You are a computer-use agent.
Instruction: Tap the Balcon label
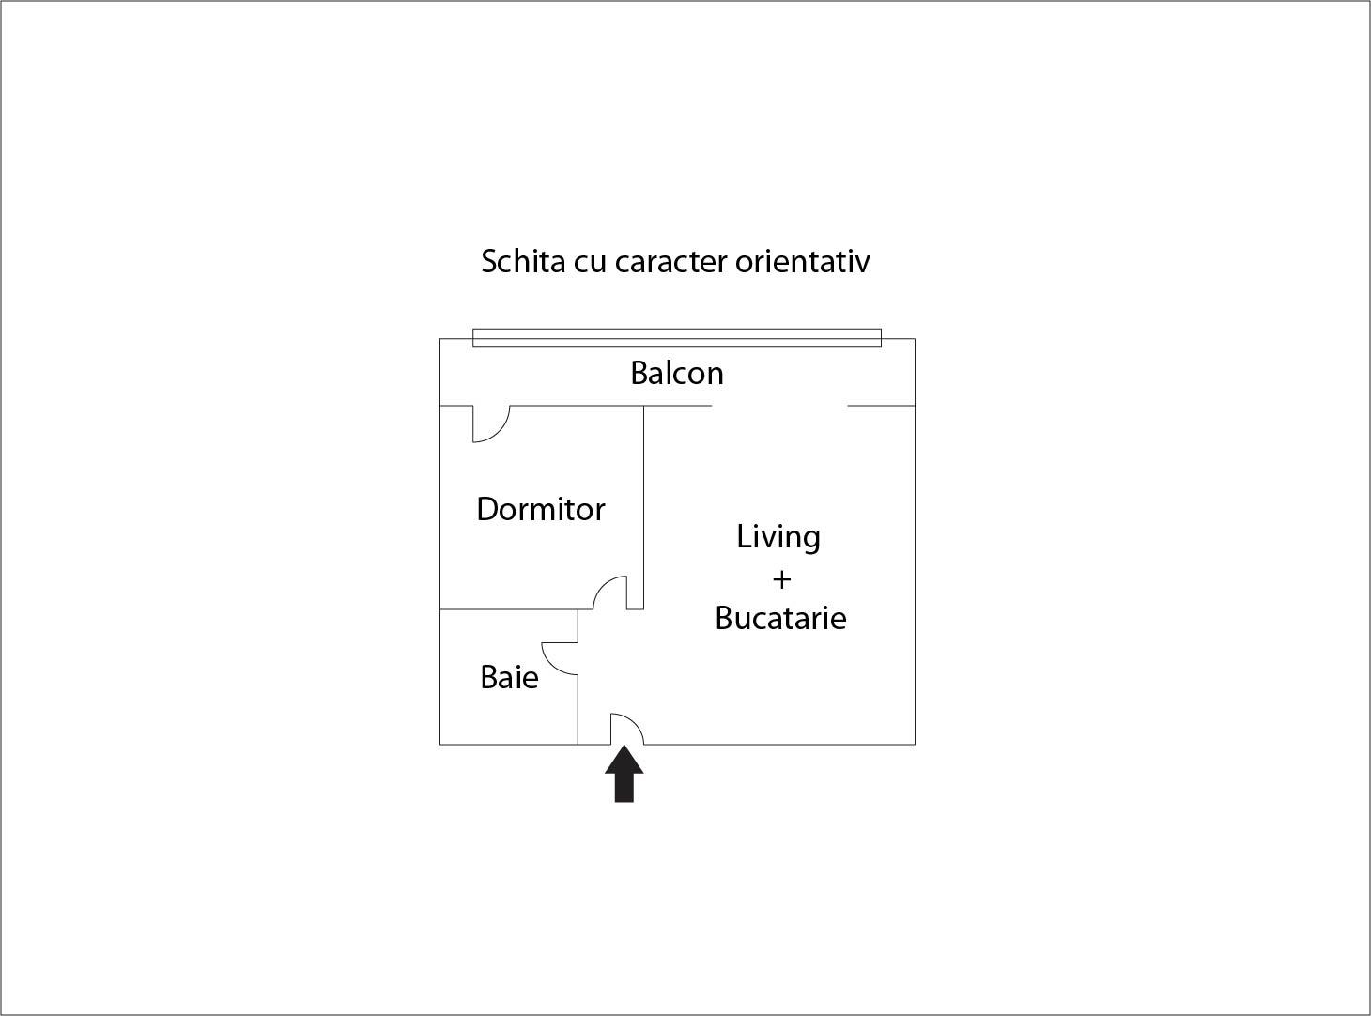pyautogui.click(x=677, y=373)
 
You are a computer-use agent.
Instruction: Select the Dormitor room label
pyautogui.click(x=541, y=509)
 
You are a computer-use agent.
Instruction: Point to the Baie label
pyautogui.click(x=509, y=677)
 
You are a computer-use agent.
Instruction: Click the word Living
pyautogui.click(x=778, y=537)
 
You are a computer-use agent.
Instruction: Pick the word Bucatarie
pyautogui.click(x=780, y=618)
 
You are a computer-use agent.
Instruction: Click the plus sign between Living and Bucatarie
pyautogui.click(x=782, y=579)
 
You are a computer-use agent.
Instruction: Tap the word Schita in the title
pyautogui.click(x=523, y=261)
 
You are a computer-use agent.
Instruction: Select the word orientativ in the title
pyautogui.click(x=802, y=261)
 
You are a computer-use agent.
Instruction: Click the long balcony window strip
pyautogui.click(x=677, y=338)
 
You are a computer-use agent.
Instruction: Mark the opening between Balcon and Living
pyautogui.click(x=779, y=406)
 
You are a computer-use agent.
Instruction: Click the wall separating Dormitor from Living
pyautogui.click(x=643, y=507)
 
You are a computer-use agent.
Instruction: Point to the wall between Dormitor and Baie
pyautogui.click(x=509, y=609)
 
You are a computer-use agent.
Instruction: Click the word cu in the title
pyautogui.click(x=590, y=264)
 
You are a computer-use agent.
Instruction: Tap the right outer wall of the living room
pyautogui.click(x=915, y=575)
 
